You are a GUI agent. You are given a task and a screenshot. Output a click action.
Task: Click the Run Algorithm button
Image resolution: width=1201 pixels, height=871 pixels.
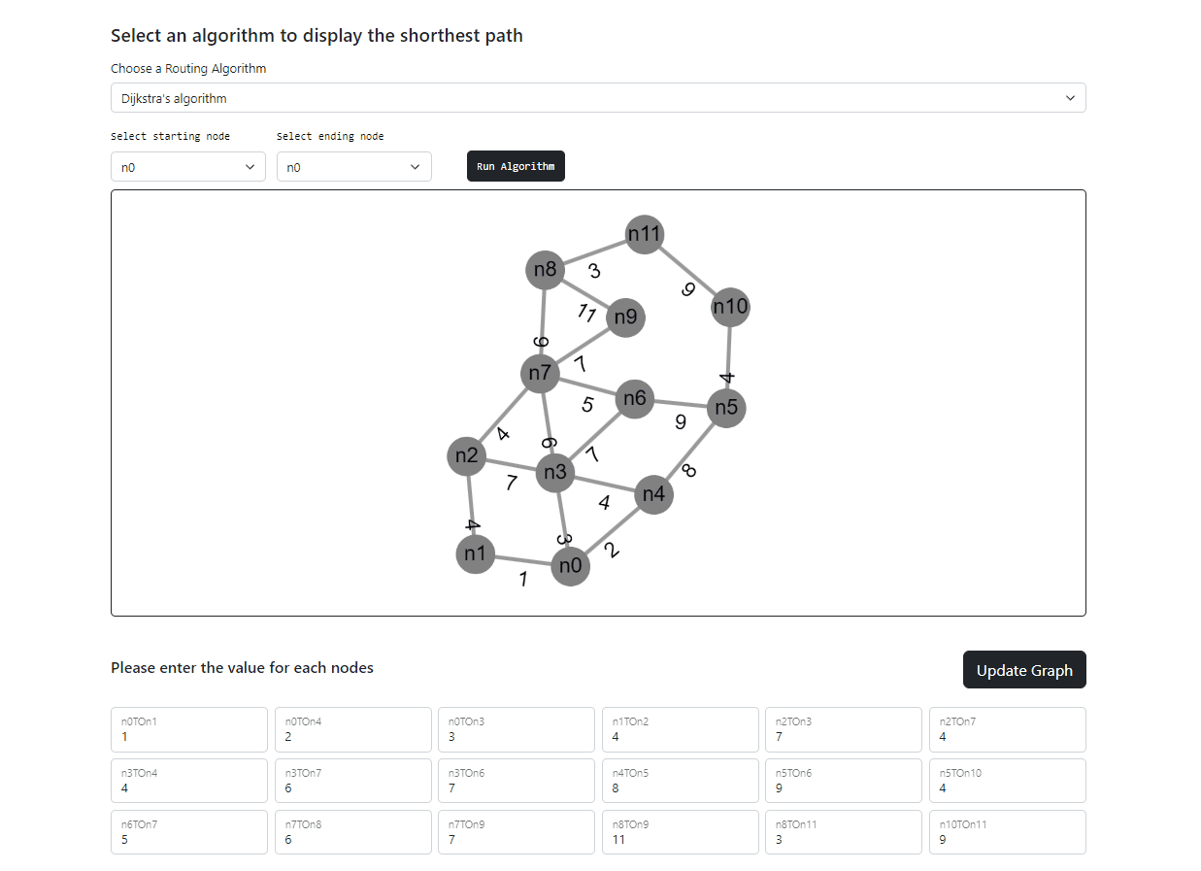click(516, 166)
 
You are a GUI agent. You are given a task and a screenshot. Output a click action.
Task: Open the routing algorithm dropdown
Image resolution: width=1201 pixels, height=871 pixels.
click(598, 98)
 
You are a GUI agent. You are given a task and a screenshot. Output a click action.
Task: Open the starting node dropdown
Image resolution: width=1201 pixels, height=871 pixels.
click(188, 167)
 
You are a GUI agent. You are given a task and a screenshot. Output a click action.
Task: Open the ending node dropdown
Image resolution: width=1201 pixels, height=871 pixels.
click(354, 167)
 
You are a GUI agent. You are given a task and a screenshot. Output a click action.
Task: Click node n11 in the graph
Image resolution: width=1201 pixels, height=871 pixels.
click(645, 234)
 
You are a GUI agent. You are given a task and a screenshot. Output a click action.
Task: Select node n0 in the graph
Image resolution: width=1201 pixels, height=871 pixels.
click(570, 566)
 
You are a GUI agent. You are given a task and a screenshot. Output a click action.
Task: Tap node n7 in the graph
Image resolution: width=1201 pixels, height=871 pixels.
click(541, 373)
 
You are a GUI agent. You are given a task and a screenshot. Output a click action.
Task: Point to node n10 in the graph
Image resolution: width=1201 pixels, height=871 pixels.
click(730, 308)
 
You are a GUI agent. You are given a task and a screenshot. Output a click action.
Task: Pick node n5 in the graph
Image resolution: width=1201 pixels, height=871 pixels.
click(726, 408)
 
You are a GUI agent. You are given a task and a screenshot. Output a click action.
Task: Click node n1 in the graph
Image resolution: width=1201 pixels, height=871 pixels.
click(475, 554)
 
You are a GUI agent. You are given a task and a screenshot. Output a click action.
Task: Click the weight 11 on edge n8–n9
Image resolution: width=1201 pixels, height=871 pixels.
click(586, 313)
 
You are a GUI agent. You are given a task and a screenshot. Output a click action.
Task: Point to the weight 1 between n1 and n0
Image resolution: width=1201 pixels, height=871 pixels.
click(523, 580)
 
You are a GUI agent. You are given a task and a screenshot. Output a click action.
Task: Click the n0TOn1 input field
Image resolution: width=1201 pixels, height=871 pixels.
click(189, 729)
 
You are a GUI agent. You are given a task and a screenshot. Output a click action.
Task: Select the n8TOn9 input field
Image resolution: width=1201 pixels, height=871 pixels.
click(680, 832)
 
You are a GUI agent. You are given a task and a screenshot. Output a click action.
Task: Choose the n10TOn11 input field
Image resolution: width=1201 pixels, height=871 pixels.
click(1007, 832)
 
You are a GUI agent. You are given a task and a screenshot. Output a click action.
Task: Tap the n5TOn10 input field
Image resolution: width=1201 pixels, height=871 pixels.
click(1007, 781)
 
